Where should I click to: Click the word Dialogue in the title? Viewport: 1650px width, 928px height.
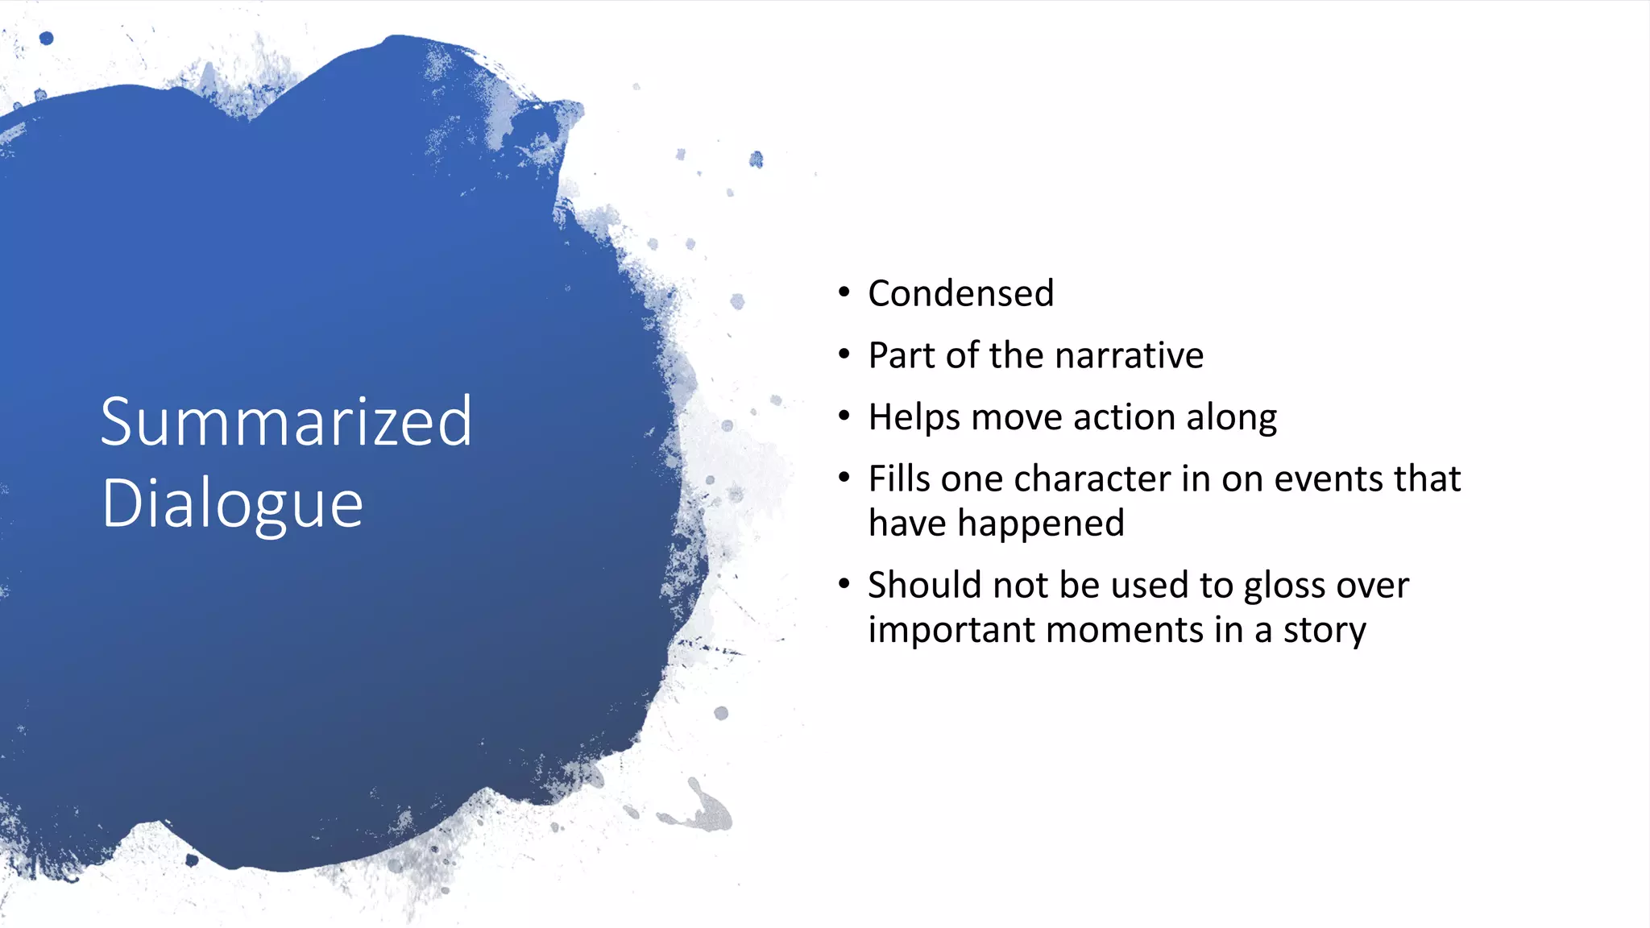232,504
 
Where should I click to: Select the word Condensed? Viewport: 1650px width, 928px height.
960,293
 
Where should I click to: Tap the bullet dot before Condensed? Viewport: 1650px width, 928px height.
844,292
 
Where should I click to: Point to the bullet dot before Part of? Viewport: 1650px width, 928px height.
844,354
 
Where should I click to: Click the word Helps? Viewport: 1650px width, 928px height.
914,417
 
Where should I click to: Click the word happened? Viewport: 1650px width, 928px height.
1040,524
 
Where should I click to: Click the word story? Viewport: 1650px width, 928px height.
1325,631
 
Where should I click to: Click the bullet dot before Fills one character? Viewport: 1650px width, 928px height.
844,478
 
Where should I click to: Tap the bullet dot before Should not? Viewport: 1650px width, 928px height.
844,584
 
